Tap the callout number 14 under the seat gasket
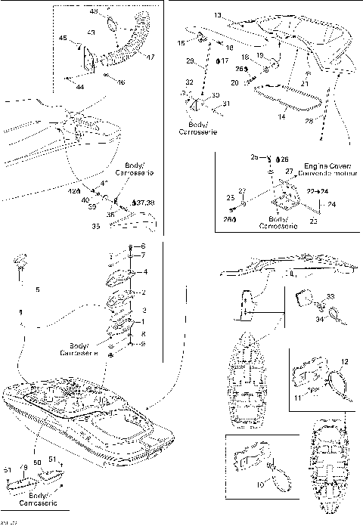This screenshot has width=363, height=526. point(281,116)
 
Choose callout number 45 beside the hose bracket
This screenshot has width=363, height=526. point(64,38)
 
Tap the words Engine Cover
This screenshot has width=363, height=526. point(320,164)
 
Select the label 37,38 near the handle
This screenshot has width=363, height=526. point(144,203)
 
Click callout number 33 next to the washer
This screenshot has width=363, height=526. point(330,296)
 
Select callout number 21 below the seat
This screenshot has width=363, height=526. point(304,83)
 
